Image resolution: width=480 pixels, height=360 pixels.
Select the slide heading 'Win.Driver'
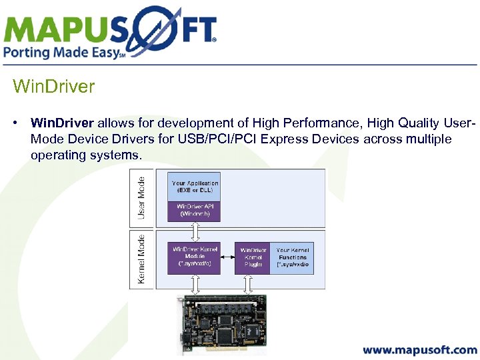click(54, 87)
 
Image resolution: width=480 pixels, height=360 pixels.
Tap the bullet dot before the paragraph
click(15, 123)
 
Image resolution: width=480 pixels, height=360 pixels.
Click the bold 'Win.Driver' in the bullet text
click(63, 123)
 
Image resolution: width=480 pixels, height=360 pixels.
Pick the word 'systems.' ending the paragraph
click(120, 155)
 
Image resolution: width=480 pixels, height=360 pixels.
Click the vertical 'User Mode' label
click(141, 197)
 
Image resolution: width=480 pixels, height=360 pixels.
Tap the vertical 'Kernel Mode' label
click(141, 259)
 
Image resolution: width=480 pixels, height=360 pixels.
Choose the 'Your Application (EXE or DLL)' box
click(195, 187)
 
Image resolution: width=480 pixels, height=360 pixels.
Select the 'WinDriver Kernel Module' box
click(195, 257)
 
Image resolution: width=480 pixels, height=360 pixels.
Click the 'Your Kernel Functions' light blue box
click(292, 257)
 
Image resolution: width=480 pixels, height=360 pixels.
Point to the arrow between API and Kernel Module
click(195, 232)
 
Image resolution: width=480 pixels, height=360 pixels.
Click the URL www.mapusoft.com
click(420, 350)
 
